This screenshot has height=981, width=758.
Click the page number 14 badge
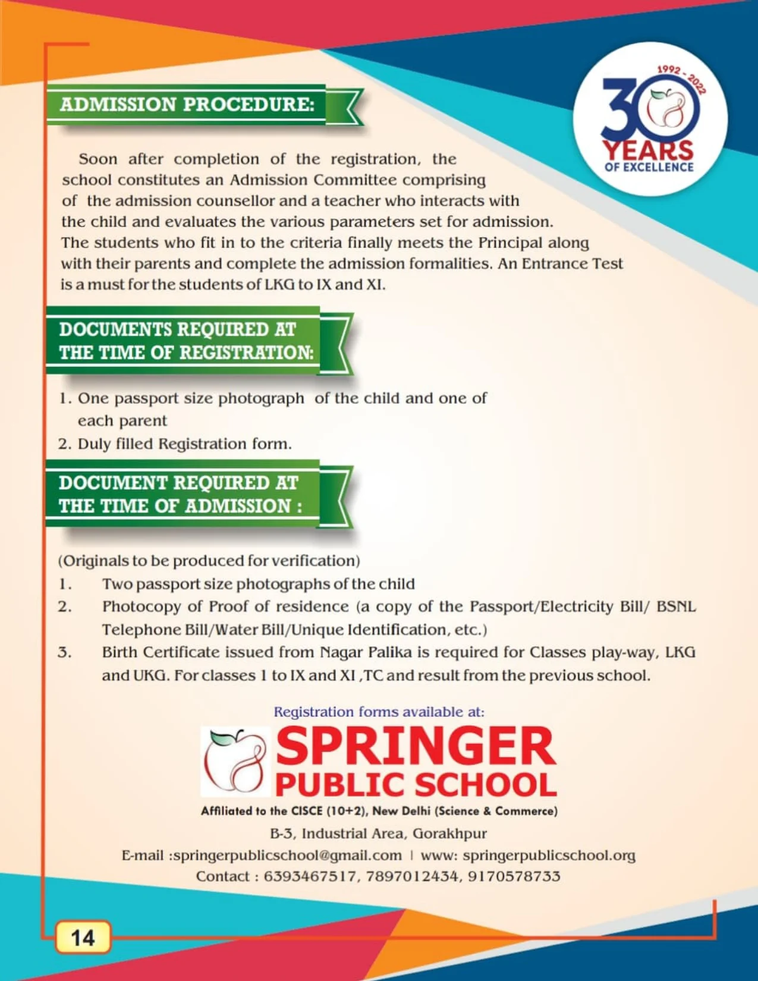pos(83,938)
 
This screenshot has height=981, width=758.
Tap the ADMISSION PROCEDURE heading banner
pos(187,105)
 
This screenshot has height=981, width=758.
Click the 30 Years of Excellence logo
pos(650,119)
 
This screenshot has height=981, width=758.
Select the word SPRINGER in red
pos(416,747)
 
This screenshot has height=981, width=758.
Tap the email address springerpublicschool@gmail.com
pos(287,856)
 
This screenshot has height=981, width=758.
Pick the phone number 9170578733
pos(514,876)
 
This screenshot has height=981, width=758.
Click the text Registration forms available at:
pos(379,712)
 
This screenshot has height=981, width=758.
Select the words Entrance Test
pos(572,263)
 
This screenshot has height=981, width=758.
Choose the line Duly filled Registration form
pos(184,444)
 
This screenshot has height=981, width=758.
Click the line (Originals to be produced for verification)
pos(209,561)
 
